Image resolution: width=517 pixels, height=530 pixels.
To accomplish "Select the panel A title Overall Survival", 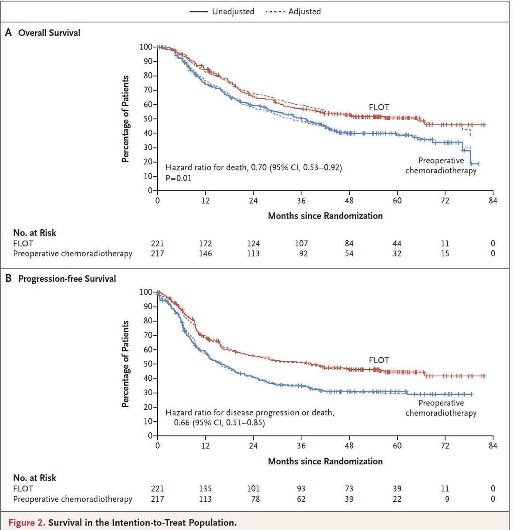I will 49,33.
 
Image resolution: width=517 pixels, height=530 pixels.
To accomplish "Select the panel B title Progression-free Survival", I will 67,279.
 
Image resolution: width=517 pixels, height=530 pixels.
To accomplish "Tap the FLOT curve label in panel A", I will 379,107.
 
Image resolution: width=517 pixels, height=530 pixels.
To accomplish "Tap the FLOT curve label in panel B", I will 379,360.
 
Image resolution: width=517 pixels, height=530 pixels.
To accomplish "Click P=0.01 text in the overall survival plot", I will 179,178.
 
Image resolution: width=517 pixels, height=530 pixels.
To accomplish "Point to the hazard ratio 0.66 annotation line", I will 219,423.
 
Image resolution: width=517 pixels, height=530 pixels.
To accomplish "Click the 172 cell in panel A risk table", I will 205,243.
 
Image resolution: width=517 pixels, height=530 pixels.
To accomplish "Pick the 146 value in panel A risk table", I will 205,254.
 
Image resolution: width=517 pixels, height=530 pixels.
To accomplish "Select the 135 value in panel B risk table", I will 205,488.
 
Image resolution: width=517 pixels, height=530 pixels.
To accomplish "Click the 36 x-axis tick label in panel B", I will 301,446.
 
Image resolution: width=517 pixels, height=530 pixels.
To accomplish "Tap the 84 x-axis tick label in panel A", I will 493,201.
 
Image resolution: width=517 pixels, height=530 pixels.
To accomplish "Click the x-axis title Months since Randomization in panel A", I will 325,216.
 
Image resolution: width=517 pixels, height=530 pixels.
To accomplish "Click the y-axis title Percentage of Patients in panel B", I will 125,364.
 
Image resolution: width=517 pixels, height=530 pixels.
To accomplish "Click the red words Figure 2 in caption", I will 27,522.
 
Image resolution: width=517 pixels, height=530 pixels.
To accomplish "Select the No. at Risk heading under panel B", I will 34,478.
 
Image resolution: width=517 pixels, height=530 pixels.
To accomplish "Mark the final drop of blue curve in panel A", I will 471,157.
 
